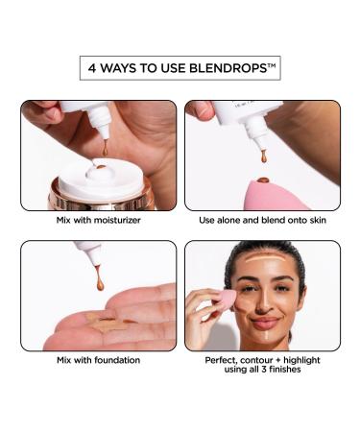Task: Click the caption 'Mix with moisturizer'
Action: click(98, 221)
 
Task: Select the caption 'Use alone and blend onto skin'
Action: click(262, 221)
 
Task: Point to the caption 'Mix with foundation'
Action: click(98, 360)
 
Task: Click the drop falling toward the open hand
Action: click(99, 284)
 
